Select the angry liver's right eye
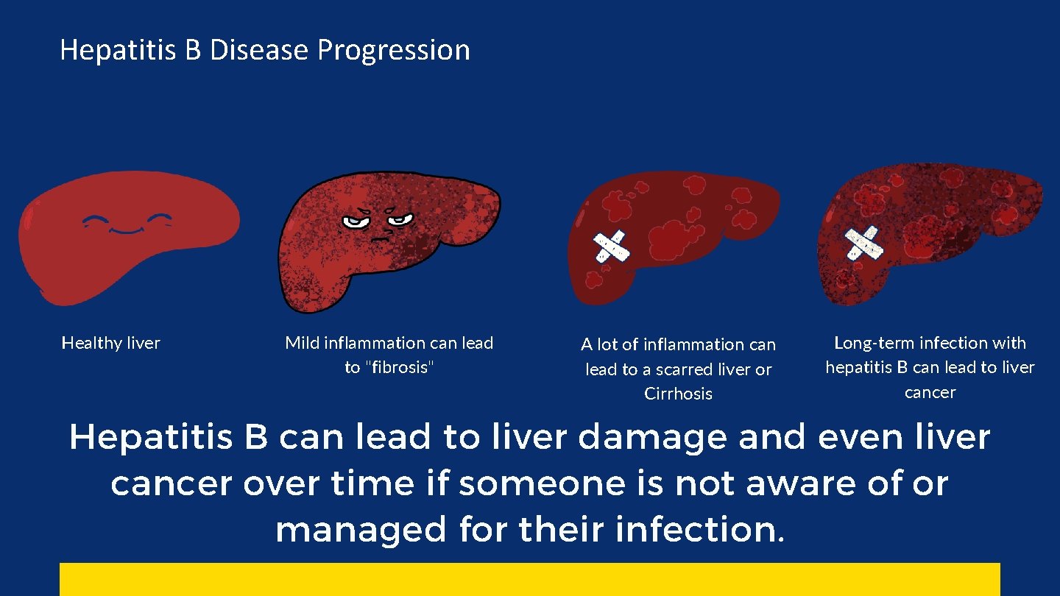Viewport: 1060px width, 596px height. point(401,219)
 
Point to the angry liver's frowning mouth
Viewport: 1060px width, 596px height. point(380,238)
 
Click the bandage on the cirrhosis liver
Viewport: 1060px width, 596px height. point(611,246)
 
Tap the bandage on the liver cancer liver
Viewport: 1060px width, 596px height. point(863,244)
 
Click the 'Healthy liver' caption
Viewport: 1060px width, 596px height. point(110,343)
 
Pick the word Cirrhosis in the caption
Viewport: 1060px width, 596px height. point(678,394)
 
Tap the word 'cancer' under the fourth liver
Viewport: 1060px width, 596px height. point(930,392)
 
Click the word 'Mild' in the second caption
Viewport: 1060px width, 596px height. point(302,343)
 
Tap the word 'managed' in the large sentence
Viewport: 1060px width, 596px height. point(360,531)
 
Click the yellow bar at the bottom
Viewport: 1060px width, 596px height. point(529,579)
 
